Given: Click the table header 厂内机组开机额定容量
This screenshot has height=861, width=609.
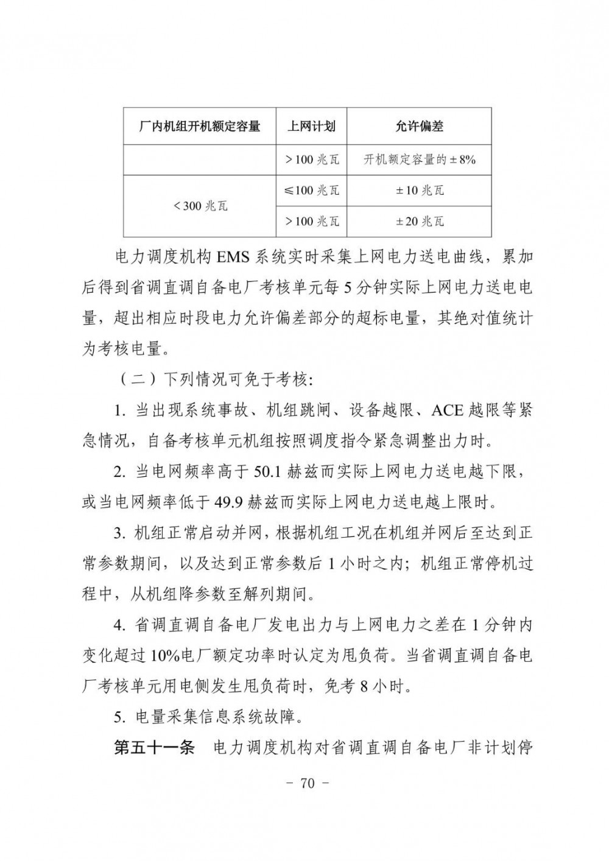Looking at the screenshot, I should (x=200, y=127).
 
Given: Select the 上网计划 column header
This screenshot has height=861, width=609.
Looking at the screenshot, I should (x=311, y=127).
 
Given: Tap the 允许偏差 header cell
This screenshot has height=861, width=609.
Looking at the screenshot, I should (x=419, y=127).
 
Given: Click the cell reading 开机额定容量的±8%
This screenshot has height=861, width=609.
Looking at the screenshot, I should (x=419, y=160).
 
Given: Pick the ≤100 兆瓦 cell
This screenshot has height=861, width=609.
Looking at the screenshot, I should (x=311, y=191).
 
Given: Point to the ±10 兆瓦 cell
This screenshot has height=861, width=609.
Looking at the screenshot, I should (x=419, y=191).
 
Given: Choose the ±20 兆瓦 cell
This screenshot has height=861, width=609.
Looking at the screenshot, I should (x=419, y=221).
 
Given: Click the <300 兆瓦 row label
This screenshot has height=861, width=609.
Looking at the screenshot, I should (x=200, y=206).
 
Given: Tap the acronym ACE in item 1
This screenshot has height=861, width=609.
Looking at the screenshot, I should (x=447, y=410).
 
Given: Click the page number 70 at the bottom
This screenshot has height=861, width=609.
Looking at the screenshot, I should (x=307, y=784).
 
